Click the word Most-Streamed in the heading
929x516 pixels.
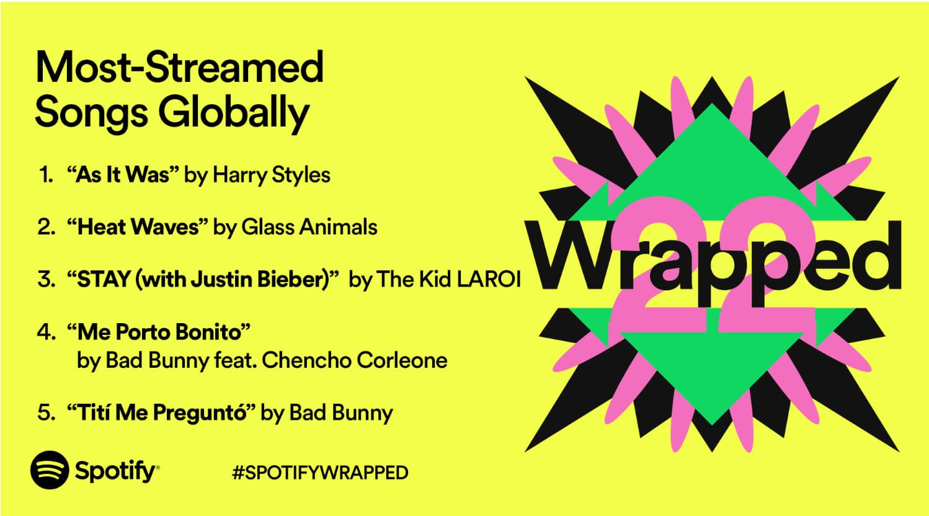pyautogui.click(x=180, y=67)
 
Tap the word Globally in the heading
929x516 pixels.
pyautogui.click(x=234, y=113)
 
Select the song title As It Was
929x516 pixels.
pyautogui.click(x=123, y=174)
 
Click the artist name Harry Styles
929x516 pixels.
pyautogui.click(x=271, y=175)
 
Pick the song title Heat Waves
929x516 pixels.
pyautogui.click(x=138, y=227)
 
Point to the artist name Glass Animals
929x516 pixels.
pyautogui.click(x=309, y=227)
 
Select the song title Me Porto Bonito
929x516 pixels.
pyautogui.click(x=159, y=332)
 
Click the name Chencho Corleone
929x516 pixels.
pyautogui.click(x=355, y=360)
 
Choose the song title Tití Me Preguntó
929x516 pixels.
pyautogui.click(x=161, y=412)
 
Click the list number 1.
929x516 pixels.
pyautogui.click(x=46, y=175)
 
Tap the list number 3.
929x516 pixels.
pyautogui.click(x=47, y=279)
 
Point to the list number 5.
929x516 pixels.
pyautogui.click(x=47, y=412)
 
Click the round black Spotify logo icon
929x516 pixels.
pyautogui.click(x=50, y=470)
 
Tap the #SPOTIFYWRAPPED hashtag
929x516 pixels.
pyautogui.click(x=320, y=473)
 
